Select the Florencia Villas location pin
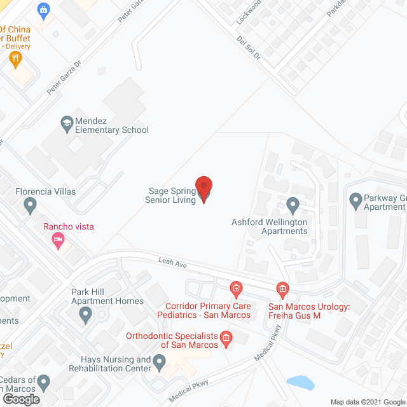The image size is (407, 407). pos(29,205)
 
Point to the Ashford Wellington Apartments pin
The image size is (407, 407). pos(293,205)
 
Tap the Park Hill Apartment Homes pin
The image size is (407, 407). pos(85,313)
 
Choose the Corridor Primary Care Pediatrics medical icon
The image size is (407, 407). pos(235,290)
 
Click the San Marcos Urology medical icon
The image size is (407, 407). pos(282,290)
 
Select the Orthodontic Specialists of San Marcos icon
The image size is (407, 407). pos(225,337)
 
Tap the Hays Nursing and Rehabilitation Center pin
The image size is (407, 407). pos(160,362)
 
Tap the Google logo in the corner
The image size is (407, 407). pos(20,399)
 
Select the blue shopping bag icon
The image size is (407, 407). pos(43,9)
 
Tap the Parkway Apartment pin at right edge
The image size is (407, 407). pos(356,202)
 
